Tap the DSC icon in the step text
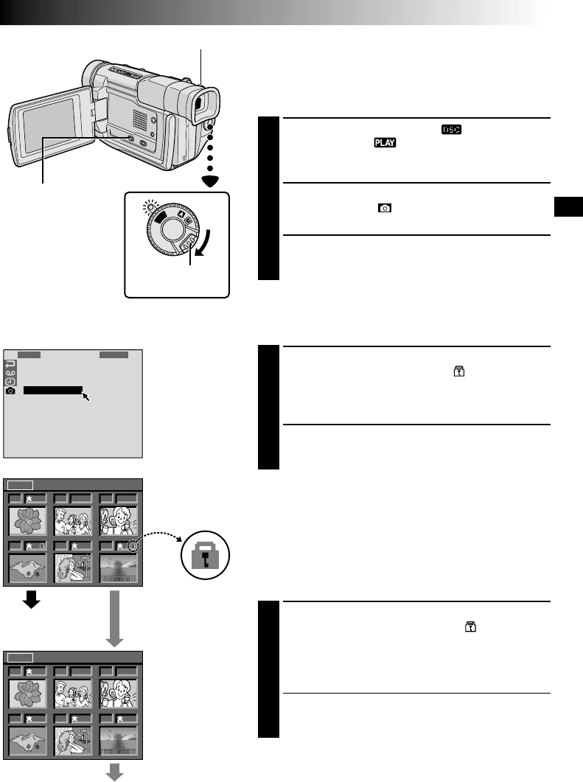coord(451,129)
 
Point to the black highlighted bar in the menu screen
coord(53,389)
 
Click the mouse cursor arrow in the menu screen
coord(87,397)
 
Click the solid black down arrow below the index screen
coord(30,600)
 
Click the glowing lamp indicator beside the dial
coord(151,208)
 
